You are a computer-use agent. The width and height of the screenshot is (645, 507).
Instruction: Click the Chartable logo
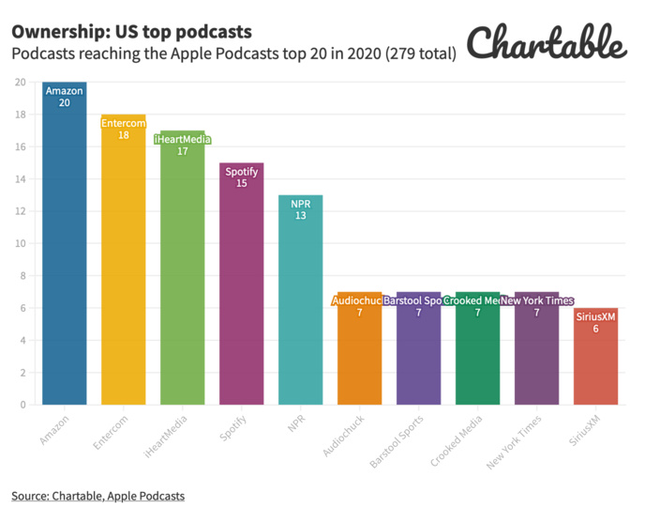pyautogui.click(x=546, y=42)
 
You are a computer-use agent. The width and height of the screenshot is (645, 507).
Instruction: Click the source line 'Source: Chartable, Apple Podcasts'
pyautogui.click(x=97, y=495)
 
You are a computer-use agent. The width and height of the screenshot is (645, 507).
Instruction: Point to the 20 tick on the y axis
pyautogui.click(x=20, y=83)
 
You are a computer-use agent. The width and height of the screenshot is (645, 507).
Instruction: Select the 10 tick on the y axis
pyautogui.click(x=20, y=244)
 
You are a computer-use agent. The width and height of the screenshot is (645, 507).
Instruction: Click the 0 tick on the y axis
pyautogui.click(x=22, y=405)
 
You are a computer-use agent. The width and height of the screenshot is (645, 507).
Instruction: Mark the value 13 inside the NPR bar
pyautogui.click(x=300, y=216)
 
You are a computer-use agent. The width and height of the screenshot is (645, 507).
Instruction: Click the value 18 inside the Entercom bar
pyautogui.click(x=123, y=135)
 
